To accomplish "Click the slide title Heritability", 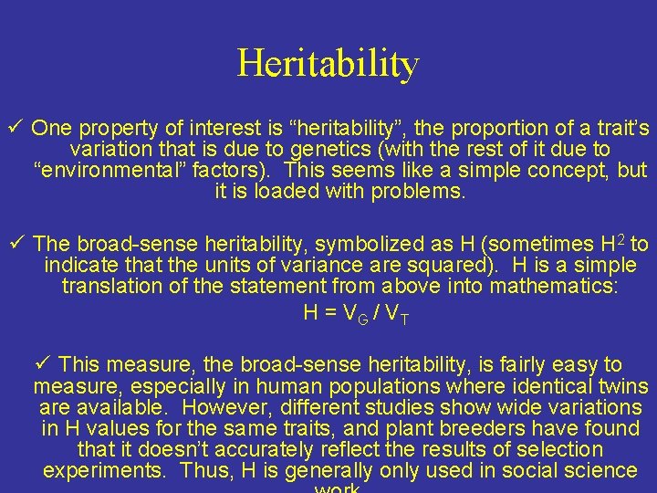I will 328,63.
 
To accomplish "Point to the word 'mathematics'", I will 552,287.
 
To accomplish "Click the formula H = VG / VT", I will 355,313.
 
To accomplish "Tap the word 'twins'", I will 620,386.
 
